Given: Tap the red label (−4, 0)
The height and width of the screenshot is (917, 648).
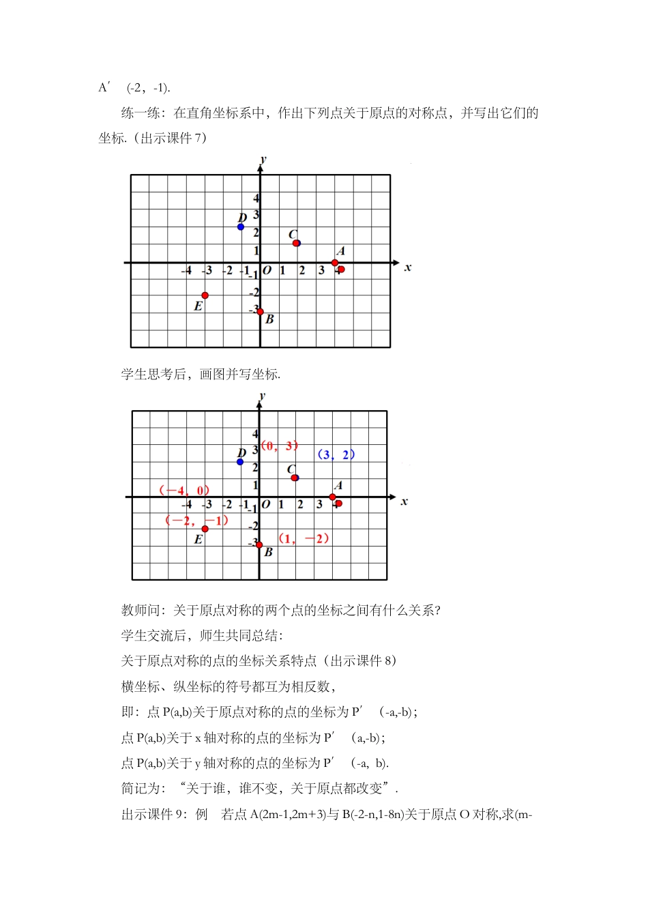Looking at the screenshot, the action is tap(183, 491).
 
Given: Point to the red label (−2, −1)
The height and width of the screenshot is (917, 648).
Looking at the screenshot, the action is tap(196, 521).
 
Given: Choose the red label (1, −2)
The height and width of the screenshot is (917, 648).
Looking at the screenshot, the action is tap(304, 538).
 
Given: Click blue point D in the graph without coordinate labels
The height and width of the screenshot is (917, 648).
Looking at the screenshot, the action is tap(241, 227).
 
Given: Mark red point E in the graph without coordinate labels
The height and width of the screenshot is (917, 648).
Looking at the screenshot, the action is tap(205, 295).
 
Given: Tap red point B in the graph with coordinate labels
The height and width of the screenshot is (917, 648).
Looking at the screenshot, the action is tap(259, 545).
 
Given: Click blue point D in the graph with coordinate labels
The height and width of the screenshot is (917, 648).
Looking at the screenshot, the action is tap(240, 462).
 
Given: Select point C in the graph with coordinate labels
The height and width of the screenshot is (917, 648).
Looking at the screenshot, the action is tap(295, 478).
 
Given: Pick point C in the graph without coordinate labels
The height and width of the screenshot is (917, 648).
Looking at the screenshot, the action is tap(296, 243).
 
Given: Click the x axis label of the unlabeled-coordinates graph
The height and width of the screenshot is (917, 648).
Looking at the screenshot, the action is tap(408, 267).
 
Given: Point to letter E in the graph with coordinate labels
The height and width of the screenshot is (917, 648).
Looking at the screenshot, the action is tap(198, 539).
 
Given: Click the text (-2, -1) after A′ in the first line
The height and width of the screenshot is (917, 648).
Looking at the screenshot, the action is tap(149, 87).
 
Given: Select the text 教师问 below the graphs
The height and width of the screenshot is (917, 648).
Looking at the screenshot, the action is tap(141, 610).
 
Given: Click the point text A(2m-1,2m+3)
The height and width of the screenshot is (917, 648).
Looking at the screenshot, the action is tap(288, 814).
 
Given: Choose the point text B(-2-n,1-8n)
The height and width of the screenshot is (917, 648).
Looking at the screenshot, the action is tap(373, 814).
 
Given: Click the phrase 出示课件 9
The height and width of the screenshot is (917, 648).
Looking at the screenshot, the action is tap(151, 814).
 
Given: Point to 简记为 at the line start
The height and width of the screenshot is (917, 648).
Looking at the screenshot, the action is tap(141, 789).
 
